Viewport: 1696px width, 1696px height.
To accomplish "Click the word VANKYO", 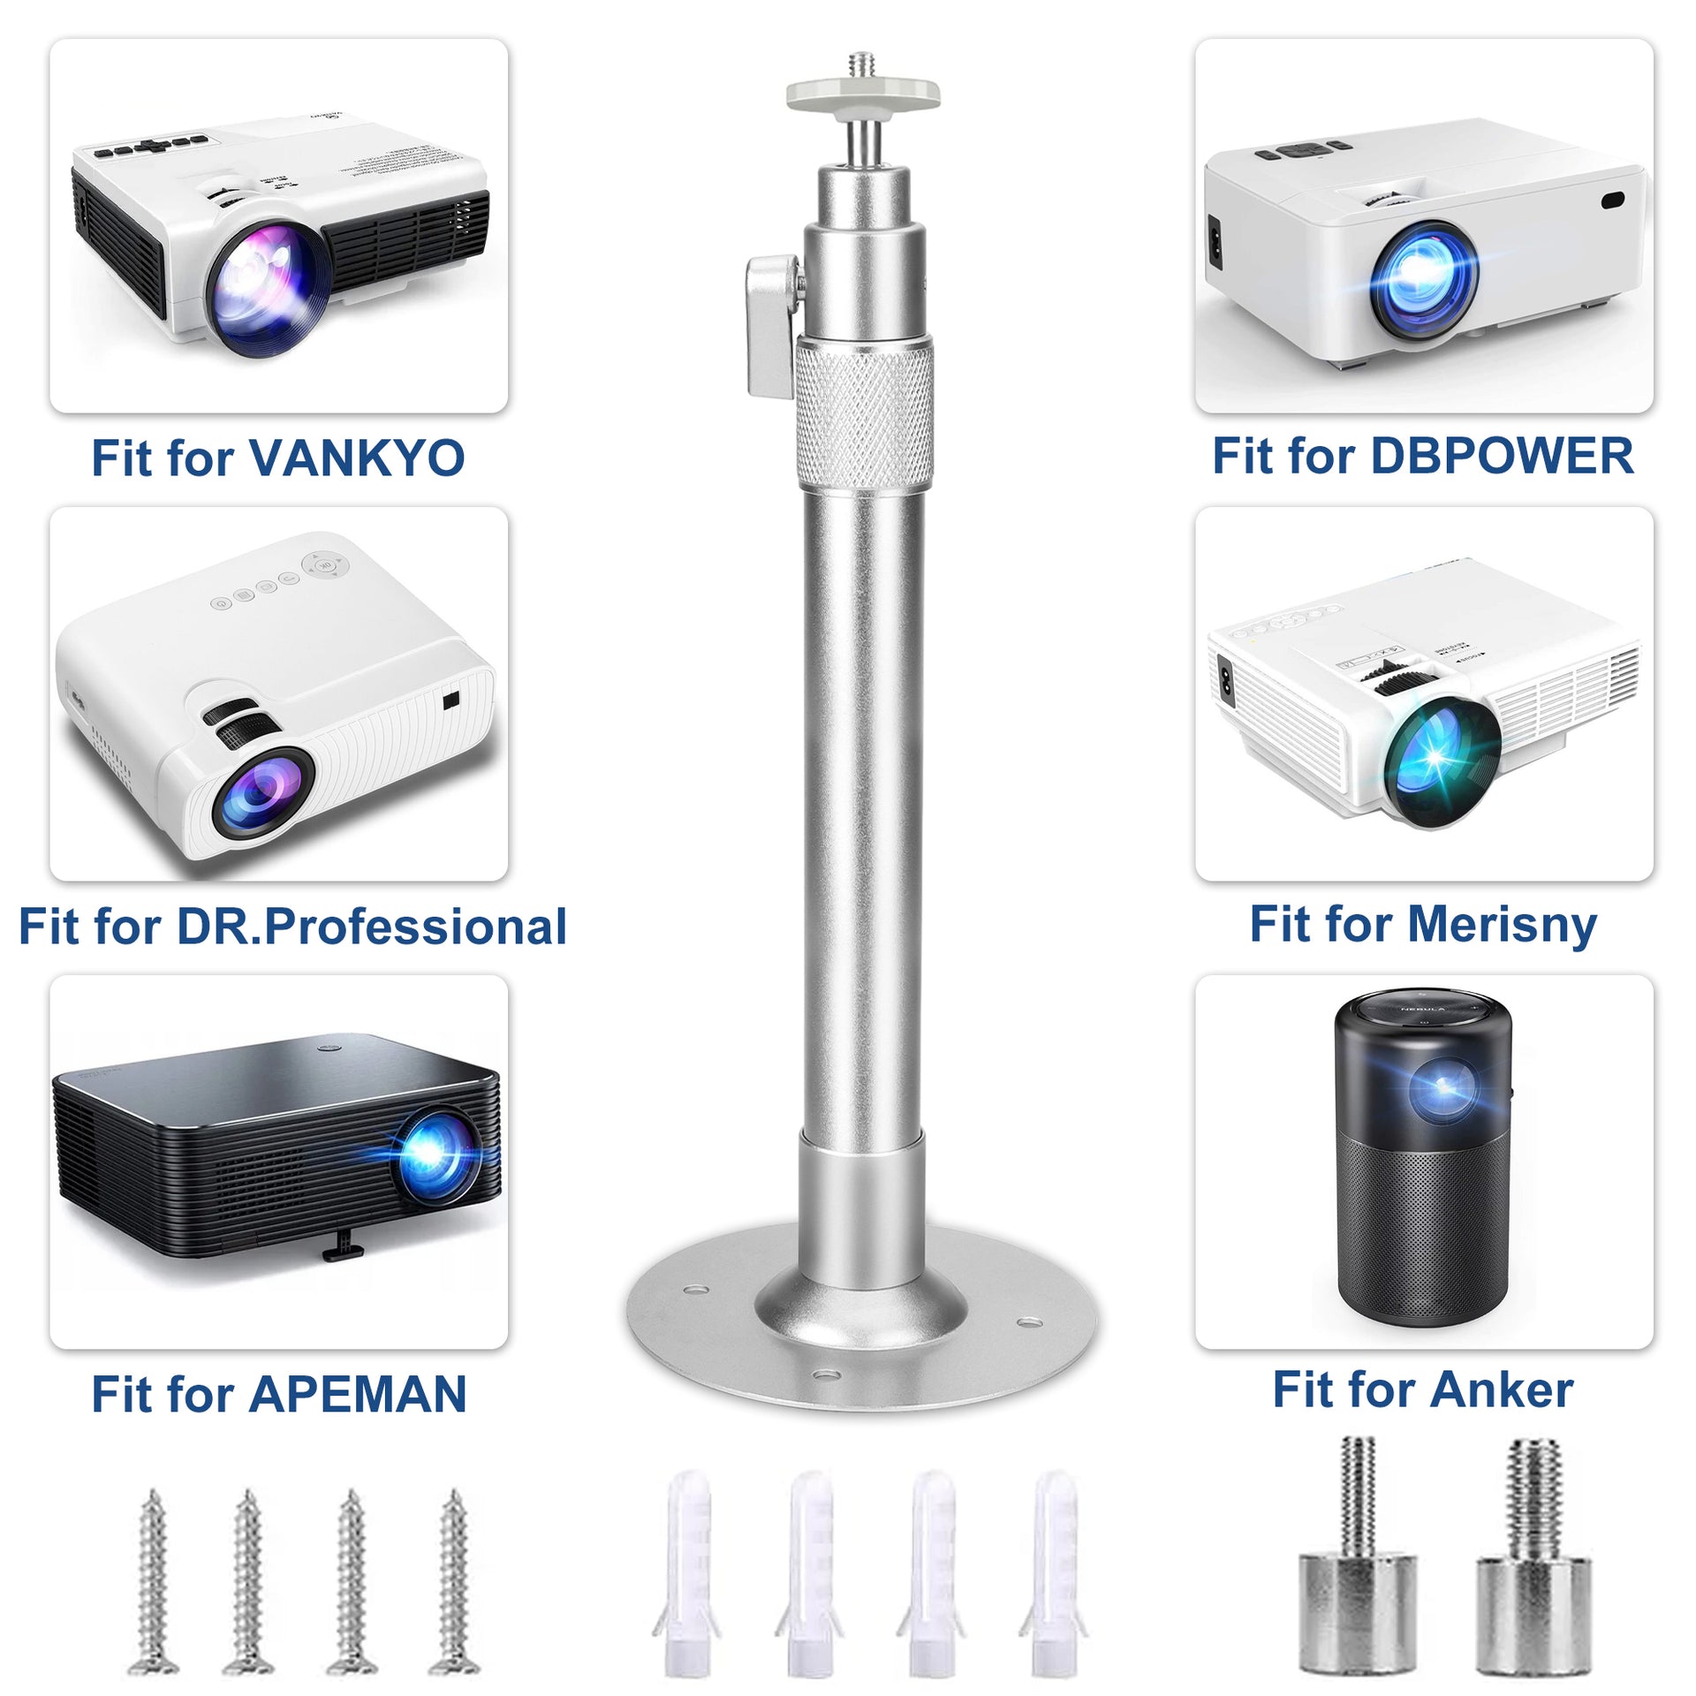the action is coord(357,458).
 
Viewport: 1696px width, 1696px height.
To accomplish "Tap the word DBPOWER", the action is coord(1501,456).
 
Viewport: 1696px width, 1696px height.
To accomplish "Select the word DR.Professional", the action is coord(372,926).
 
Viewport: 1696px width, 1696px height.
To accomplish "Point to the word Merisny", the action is coord(1502,925).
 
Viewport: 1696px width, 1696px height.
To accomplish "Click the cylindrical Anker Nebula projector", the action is coord(1423,1162).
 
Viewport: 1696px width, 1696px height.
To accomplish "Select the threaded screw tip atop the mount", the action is coord(862,65).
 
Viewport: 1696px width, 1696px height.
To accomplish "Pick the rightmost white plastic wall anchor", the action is coord(1055,1572).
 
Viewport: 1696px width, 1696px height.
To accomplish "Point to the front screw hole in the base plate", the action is coord(827,1375).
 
